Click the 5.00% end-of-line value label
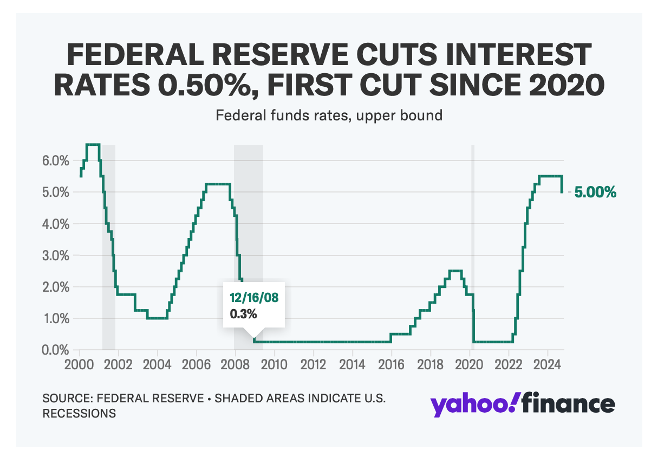(595, 193)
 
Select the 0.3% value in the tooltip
(240, 313)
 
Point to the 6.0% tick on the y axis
(55, 161)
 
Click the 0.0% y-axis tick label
(55, 350)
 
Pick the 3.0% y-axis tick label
(55, 255)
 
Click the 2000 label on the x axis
(80, 363)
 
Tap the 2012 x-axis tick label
(314, 363)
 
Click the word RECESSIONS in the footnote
(80, 413)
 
